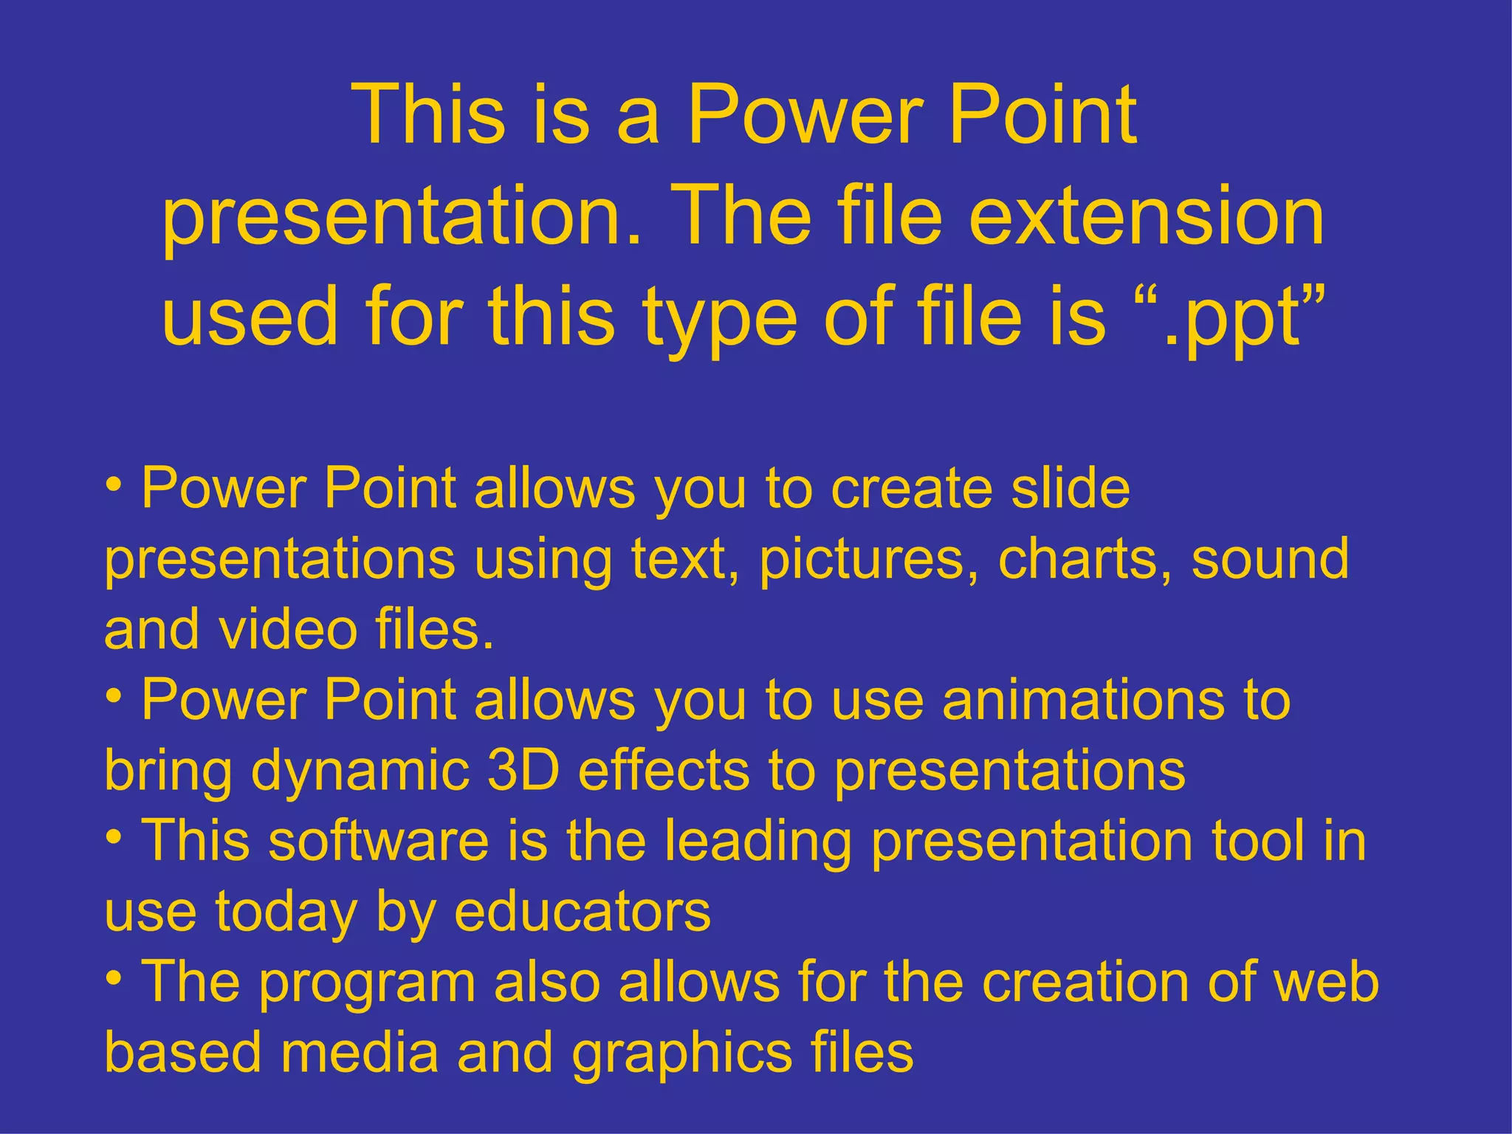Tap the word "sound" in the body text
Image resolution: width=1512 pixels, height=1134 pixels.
point(1270,559)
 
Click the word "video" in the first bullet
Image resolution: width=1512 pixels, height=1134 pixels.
point(288,630)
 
